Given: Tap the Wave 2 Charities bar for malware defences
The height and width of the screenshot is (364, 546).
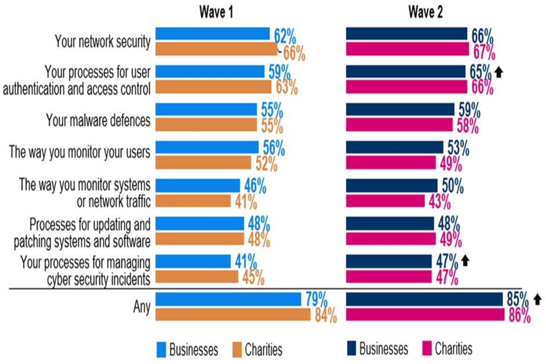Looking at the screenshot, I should coord(399,124).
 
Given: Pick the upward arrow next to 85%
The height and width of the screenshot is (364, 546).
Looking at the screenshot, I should coord(538,299).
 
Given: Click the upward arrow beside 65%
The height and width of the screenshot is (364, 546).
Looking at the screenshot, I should coord(500,72).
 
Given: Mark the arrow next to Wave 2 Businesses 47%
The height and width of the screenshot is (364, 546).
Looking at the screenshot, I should coord(465,260).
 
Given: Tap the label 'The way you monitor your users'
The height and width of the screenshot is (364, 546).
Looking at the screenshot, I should coord(80,154).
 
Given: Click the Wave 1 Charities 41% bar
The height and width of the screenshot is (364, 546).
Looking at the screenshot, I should coord(193,201).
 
